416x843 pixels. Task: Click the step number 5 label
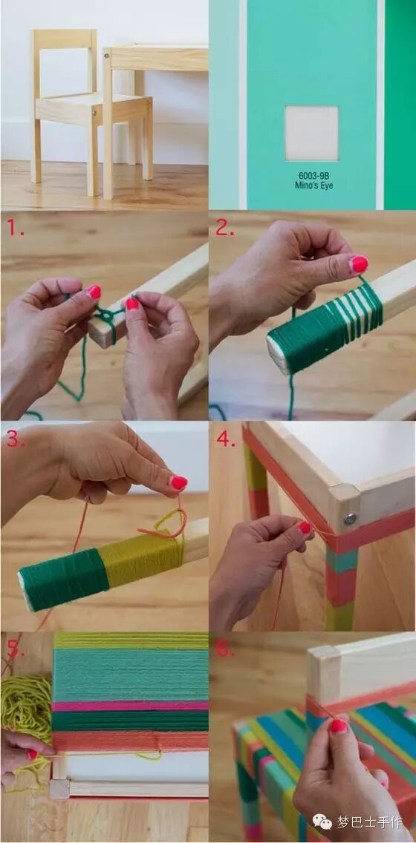tap(16, 649)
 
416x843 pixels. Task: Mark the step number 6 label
tap(226, 649)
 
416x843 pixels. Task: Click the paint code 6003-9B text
tap(313, 175)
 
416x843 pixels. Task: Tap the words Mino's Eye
tap(313, 186)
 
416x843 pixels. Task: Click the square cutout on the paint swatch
tap(311, 134)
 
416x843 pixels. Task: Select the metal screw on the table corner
tap(351, 518)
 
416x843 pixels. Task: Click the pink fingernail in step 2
tap(359, 263)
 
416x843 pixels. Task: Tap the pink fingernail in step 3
tap(179, 482)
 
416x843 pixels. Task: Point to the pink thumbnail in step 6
tap(338, 726)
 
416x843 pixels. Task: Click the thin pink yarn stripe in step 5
tap(130, 706)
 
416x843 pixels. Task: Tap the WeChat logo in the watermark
tap(322, 821)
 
